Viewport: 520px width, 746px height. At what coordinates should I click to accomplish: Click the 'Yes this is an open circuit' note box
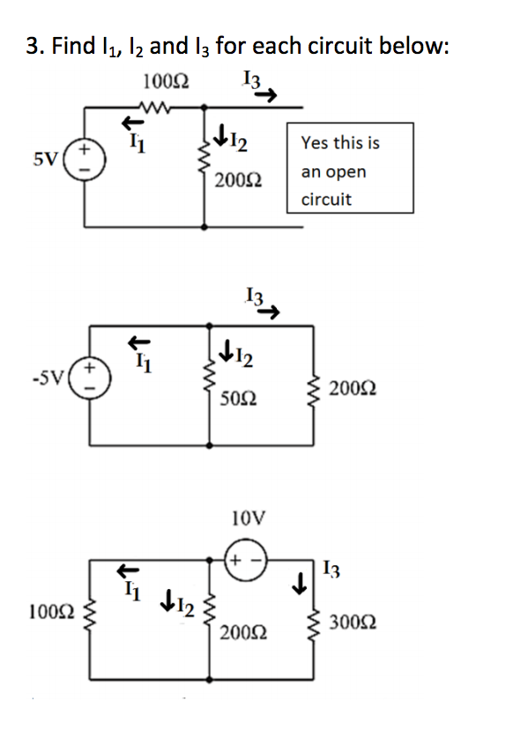click(x=350, y=170)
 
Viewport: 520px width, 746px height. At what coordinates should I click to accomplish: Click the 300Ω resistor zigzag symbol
click(x=316, y=620)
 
